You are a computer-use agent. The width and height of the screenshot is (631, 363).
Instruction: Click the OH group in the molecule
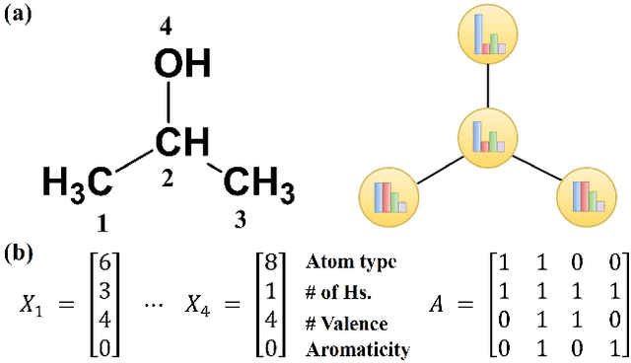point(182,66)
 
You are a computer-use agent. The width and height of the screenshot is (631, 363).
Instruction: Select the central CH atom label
point(182,143)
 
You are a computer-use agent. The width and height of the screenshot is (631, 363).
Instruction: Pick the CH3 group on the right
point(259,182)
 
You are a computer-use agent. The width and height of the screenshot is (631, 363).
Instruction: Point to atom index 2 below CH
point(168,180)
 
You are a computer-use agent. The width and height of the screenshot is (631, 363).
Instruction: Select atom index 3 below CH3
point(241,221)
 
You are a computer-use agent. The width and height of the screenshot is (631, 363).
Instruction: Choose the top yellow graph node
point(488,34)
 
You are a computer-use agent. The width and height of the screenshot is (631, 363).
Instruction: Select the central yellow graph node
point(488,136)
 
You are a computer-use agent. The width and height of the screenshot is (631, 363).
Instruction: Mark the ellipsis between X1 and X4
point(154,306)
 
